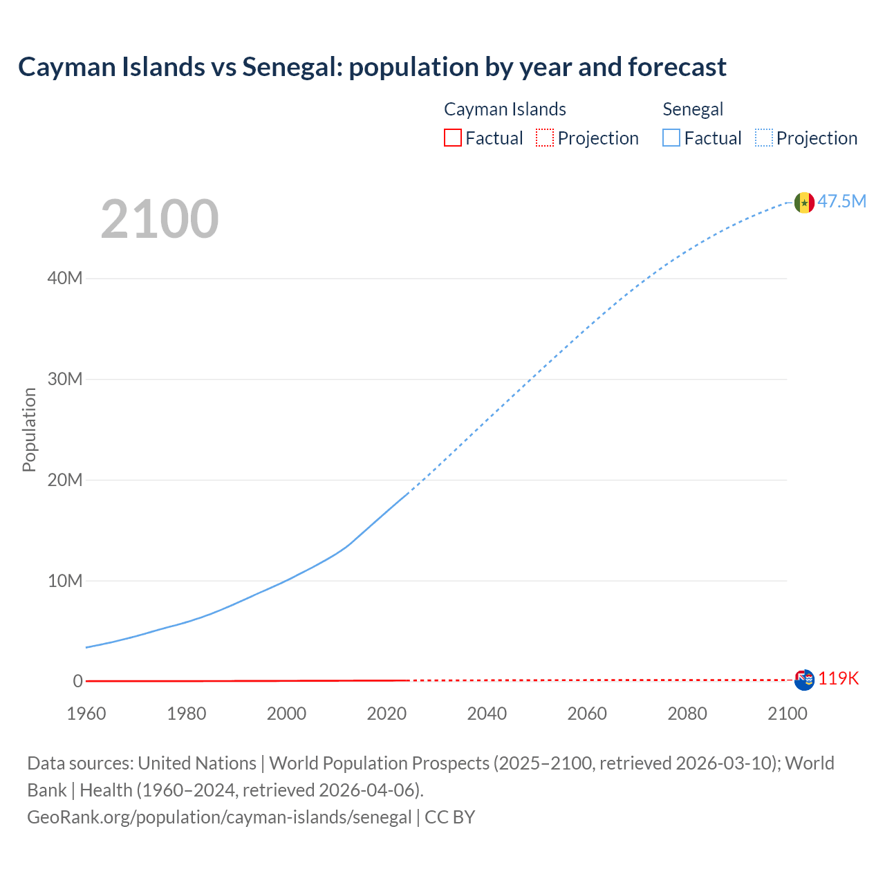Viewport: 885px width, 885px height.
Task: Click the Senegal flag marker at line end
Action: coord(804,203)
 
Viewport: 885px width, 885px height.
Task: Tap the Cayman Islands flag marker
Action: coord(804,680)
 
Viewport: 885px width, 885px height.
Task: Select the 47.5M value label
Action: coord(841,201)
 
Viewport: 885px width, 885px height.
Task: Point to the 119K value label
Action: coord(838,678)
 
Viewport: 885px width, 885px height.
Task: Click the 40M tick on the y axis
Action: coord(65,279)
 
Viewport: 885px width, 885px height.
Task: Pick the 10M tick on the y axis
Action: coord(65,581)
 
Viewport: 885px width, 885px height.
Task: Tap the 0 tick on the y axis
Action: coord(77,681)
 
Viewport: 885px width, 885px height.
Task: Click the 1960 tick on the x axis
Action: coord(86,714)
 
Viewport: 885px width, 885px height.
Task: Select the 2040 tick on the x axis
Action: coord(487,714)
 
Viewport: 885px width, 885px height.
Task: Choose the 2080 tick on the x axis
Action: coord(687,714)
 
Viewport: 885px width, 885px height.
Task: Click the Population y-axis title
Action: coord(29,429)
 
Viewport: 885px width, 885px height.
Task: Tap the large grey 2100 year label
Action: coord(160,219)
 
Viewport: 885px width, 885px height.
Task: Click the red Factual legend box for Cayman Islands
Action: coord(453,138)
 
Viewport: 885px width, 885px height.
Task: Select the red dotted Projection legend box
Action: coord(545,138)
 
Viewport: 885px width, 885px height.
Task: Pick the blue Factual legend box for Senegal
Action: coord(671,138)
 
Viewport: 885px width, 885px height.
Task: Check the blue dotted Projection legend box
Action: coord(764,138)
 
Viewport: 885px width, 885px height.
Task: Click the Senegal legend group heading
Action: coord(693,109)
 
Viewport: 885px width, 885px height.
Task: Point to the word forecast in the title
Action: coord(677,67)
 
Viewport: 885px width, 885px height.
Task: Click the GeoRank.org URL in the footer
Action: coord(219,817)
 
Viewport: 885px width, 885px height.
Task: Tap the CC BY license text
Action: coord(450,817)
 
